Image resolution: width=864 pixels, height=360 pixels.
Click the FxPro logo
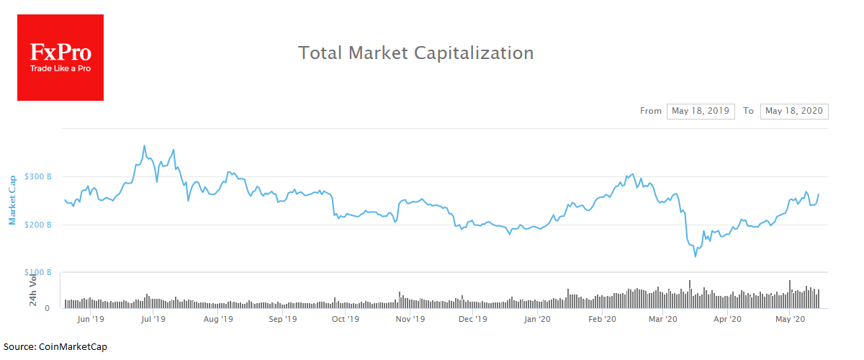60,58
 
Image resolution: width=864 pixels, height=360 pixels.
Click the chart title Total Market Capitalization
416,53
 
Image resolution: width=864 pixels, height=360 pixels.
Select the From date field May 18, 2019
701,111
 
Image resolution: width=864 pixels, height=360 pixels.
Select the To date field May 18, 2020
794,111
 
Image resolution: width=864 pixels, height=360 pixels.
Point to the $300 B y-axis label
37,176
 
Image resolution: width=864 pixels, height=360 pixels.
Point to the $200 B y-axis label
37,225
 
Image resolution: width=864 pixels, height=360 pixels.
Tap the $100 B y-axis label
37,272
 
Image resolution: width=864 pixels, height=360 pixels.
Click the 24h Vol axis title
33,289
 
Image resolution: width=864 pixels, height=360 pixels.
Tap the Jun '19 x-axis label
91,318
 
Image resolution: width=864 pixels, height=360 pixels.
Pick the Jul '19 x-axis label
153,318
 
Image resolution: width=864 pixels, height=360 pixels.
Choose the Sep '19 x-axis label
282,318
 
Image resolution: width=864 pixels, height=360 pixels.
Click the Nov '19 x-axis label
410,318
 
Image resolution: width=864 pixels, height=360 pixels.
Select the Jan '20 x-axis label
537,318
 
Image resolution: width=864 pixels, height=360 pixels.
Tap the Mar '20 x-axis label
662,318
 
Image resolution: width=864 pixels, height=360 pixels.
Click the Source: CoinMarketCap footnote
55,347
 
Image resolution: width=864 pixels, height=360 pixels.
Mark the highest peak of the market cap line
144,145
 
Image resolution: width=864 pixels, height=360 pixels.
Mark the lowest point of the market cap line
696,256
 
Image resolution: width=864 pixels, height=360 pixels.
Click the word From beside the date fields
650,111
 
